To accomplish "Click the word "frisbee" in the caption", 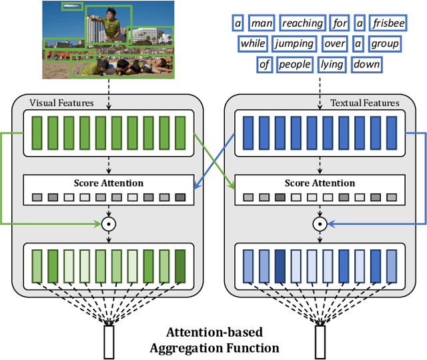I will (390, 24).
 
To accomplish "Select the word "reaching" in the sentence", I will (302, 24).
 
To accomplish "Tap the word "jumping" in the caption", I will (294, 44).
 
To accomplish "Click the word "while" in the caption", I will (252, 44).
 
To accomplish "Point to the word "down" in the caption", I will (367, 65).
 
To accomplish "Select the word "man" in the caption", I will (258, 24).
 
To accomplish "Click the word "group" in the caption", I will (385, 44).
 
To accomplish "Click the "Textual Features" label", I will (365, 103).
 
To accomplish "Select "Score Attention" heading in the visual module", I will (108, 183).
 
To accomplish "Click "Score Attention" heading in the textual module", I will (319, 183).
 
